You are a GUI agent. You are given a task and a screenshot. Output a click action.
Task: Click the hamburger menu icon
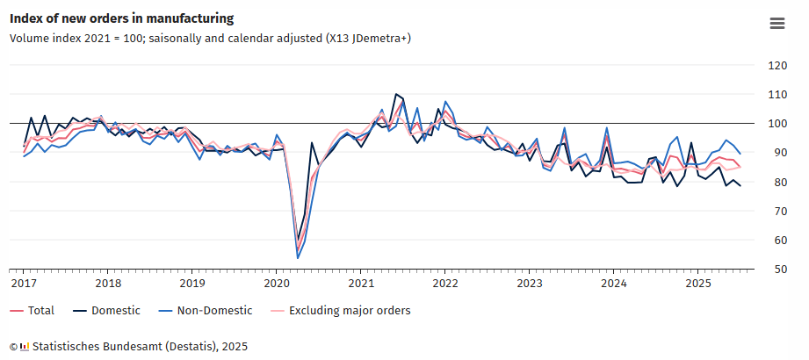tap(776, 24)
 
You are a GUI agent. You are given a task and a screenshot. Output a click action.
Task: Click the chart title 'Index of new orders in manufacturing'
tap(121, 18)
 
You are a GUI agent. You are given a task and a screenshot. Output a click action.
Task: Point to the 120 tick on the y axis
tap(776, 66)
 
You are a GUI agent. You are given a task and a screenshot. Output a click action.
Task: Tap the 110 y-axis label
tap(776, 95)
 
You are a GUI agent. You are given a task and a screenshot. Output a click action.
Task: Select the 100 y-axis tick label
tap(776, 124)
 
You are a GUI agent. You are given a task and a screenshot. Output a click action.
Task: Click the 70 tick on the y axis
tap(776, 212)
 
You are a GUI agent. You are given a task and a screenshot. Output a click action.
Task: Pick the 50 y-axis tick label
tap(776, 270)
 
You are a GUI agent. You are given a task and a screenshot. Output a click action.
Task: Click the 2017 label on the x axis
tap(23, 284)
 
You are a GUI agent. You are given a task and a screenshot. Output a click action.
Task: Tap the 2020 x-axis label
tap(276, 284)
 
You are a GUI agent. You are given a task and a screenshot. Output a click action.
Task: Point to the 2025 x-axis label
tap(697, 284)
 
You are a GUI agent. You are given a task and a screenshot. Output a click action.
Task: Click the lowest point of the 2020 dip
tap(298, 257)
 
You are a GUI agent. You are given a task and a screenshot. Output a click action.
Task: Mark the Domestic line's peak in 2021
tap(395, 94)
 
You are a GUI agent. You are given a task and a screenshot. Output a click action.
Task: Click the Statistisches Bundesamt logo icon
tap(25, 347)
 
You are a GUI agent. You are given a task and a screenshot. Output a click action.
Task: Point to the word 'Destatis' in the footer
tap(193, 347)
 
